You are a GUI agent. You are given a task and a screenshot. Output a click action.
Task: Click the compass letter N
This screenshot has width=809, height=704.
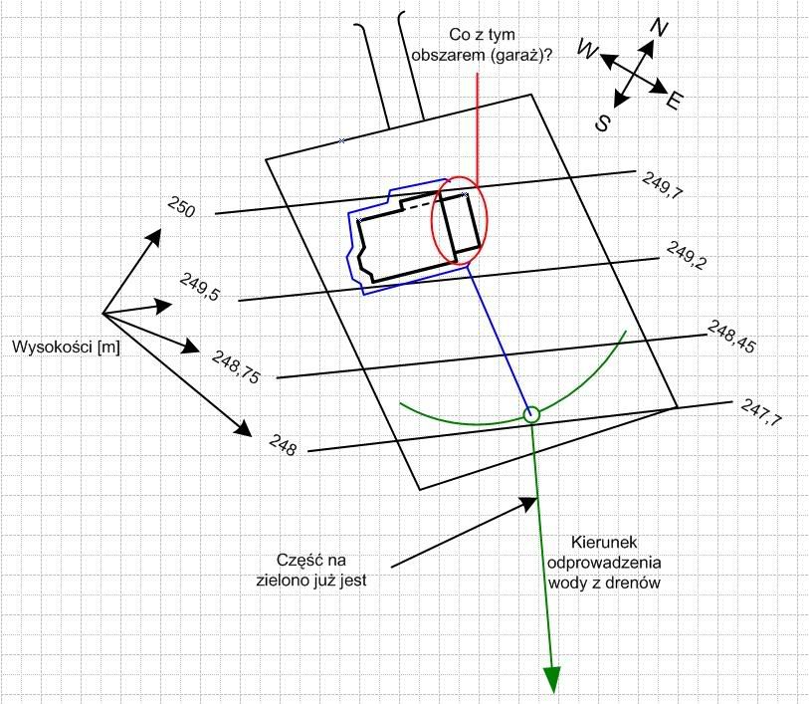pos(658,29)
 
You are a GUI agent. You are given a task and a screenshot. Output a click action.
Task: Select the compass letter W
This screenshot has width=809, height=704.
pos(587,53)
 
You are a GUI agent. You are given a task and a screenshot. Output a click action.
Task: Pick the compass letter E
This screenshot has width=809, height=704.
pos(675,101)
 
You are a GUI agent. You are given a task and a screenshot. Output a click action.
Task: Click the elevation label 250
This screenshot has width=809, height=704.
pos(181,208)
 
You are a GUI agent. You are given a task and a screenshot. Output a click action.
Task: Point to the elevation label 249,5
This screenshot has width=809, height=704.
pos(200,287)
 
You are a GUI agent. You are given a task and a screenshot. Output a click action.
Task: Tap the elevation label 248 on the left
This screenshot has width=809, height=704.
pos(283,444)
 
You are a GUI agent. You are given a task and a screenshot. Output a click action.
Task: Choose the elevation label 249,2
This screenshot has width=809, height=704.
pos(686,256)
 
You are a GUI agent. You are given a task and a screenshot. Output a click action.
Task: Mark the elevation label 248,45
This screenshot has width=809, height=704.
pos(731,337)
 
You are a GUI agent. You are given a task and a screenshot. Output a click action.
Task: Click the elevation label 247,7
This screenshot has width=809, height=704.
pos(761,413)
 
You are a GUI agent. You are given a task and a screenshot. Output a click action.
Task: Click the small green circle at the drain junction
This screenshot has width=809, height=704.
pos(531,414)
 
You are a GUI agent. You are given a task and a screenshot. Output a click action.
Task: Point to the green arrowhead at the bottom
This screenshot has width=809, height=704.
pos(552,677)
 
